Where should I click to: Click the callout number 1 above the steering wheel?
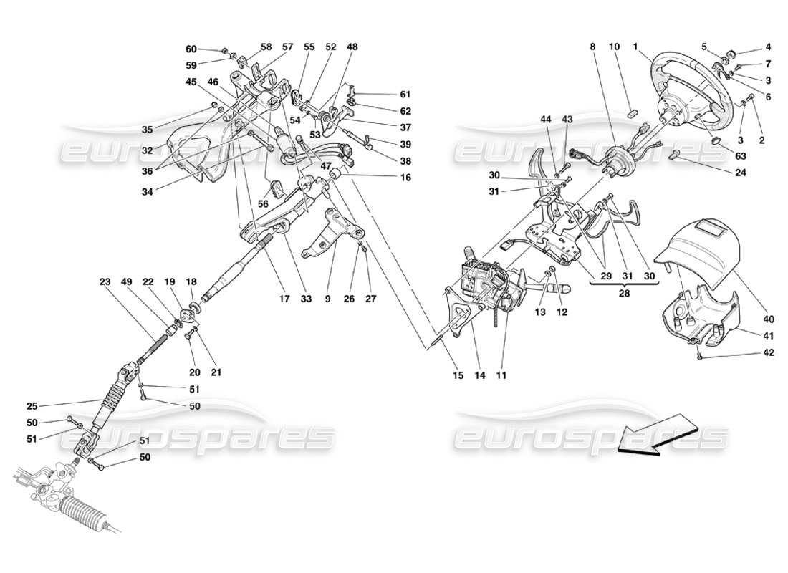point(635,47)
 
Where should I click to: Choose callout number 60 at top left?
point(191,49)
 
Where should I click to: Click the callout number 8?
point(592,47)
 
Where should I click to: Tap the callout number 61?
point(405,94)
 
